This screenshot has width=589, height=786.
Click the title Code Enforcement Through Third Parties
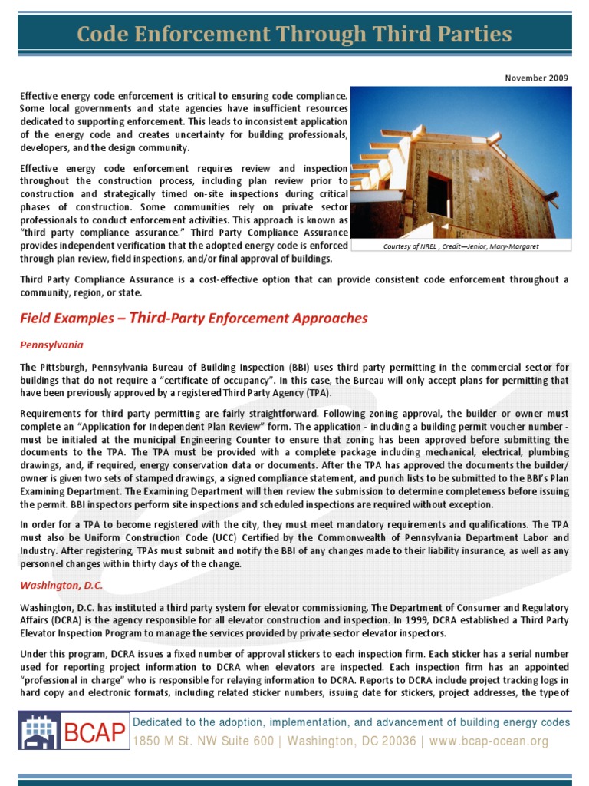click(x=294, y=35)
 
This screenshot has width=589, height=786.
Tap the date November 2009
click(x=536, y=78)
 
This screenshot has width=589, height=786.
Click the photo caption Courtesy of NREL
click(x=460, y=246)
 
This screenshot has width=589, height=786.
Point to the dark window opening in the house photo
click(x=439, y=193)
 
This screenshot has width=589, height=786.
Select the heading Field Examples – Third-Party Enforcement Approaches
click(x=193, y=318)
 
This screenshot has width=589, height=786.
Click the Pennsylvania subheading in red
click(x=51, y=345)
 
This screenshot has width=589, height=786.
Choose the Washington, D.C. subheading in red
click(x=61, y=585)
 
